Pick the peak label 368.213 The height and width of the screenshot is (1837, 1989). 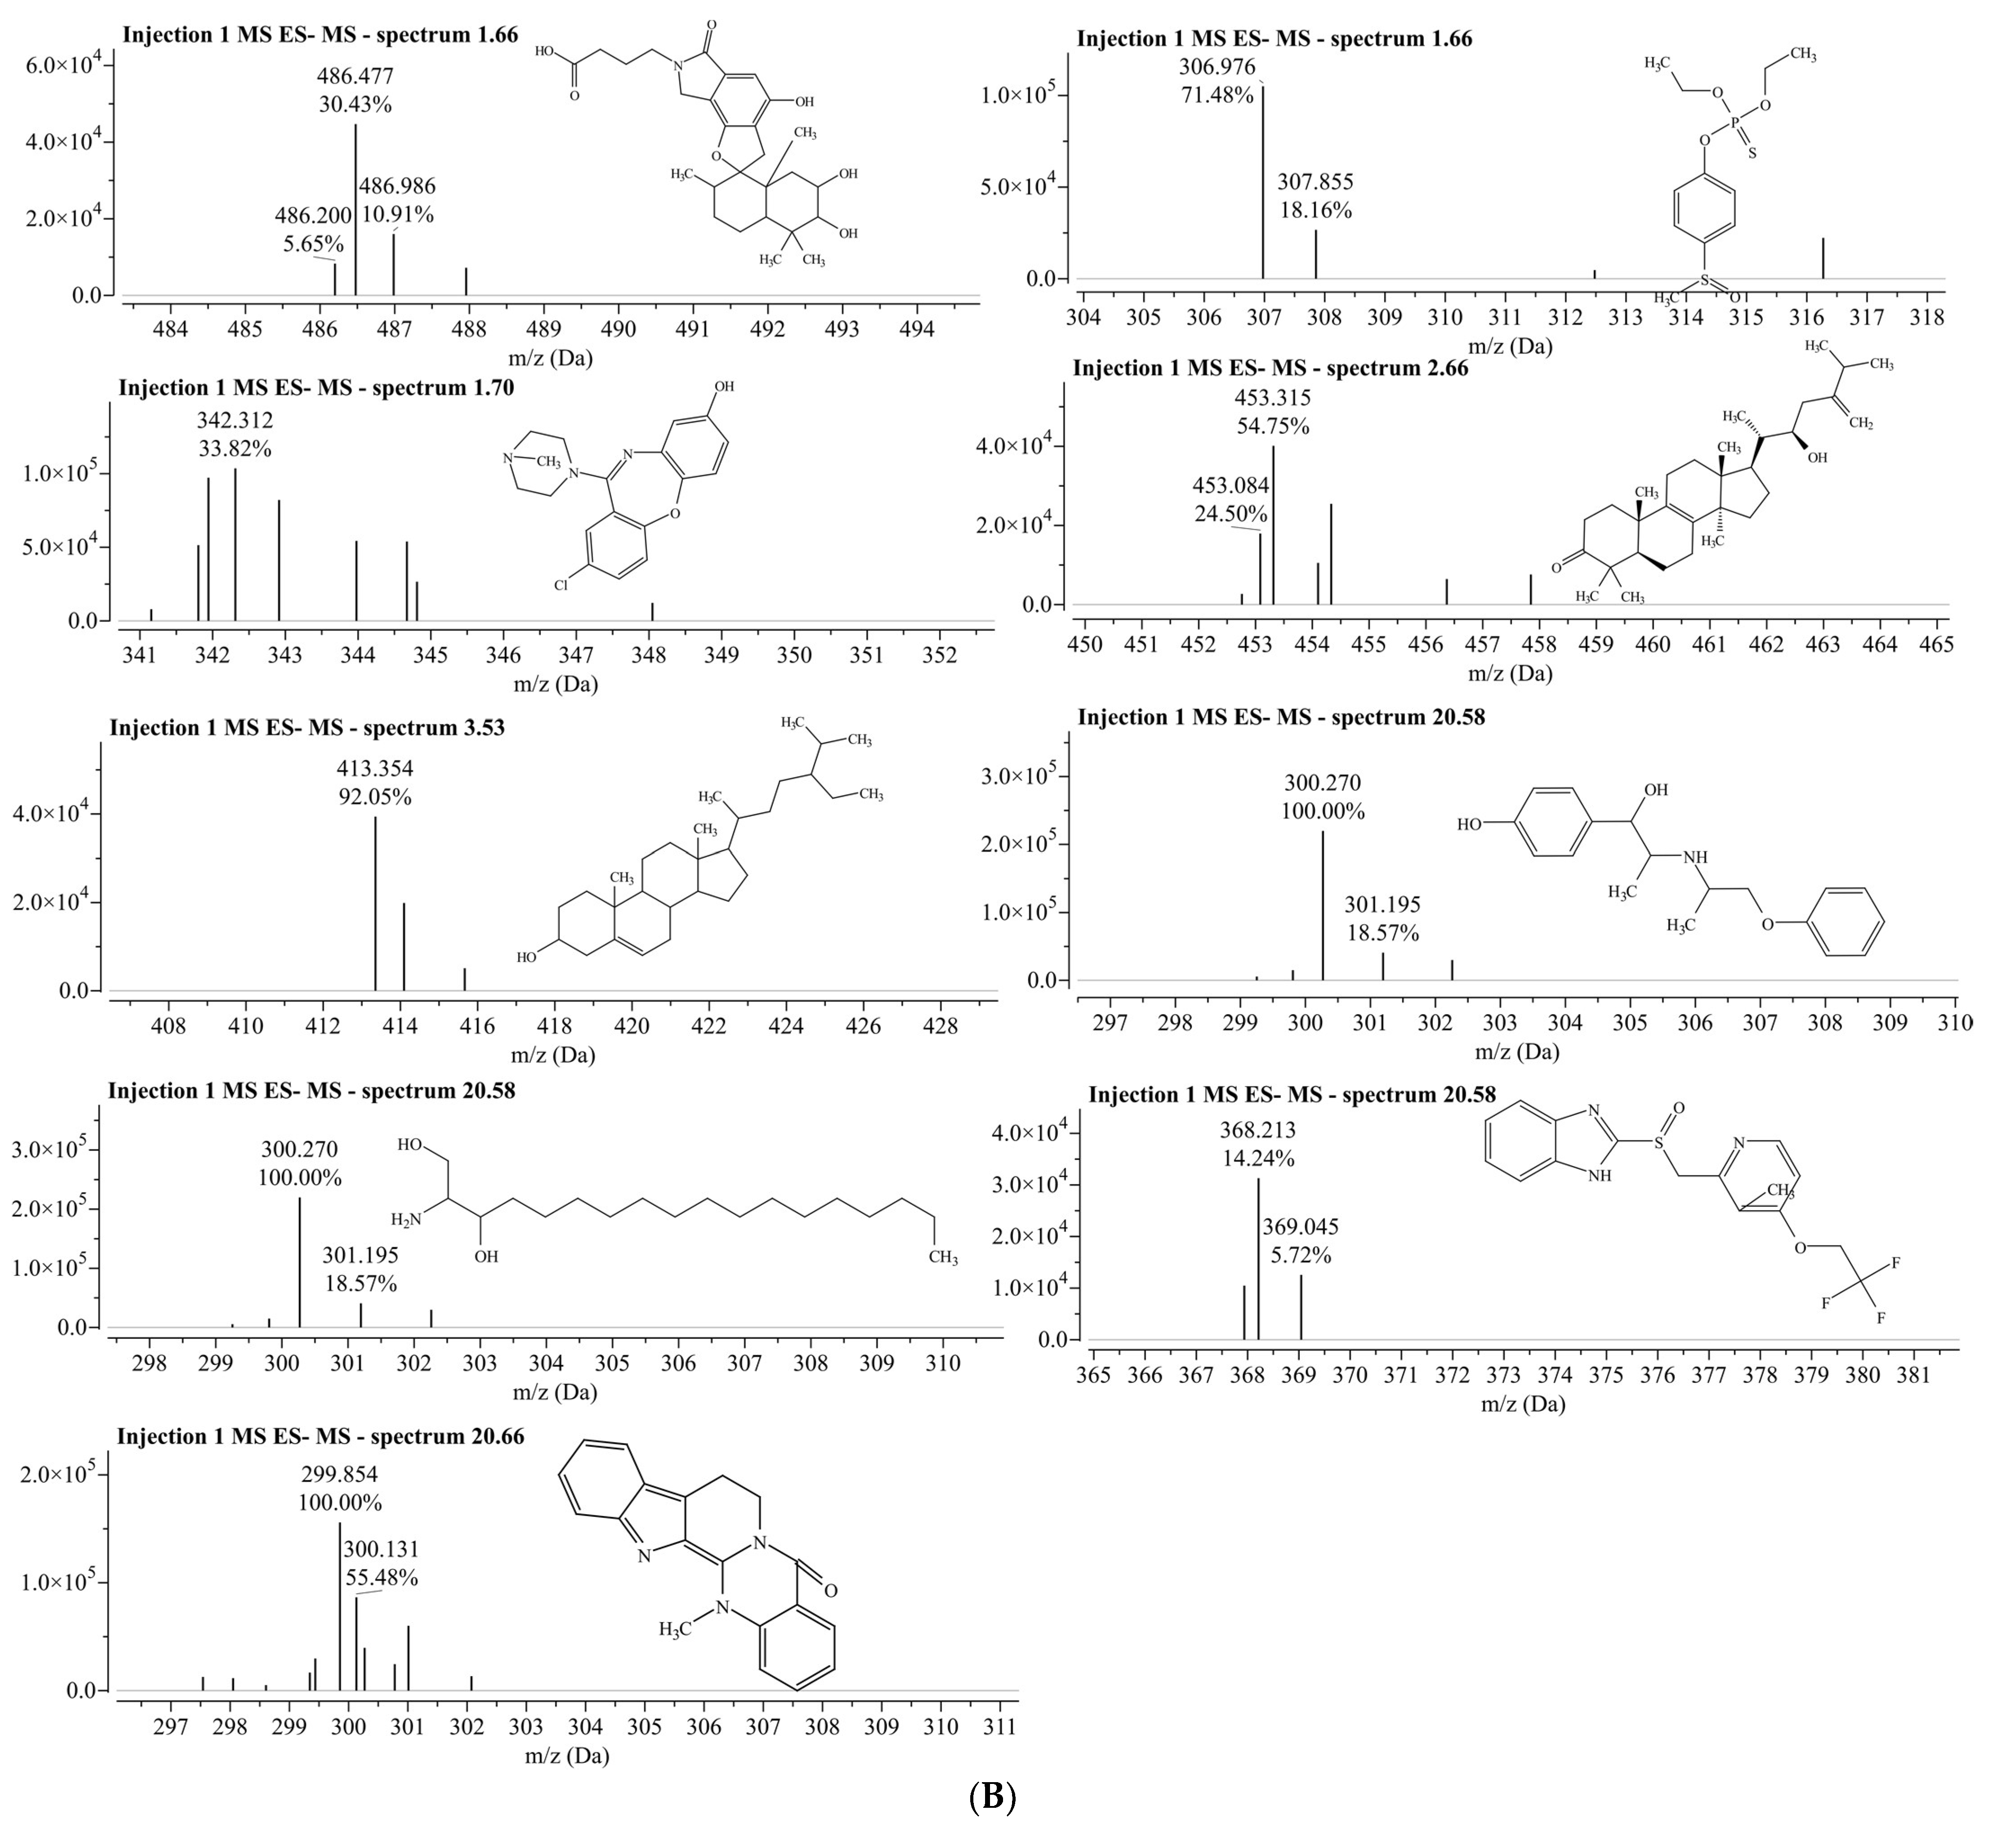tap(1258, 1130)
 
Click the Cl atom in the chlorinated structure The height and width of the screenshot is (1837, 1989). tap(562, 585)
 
